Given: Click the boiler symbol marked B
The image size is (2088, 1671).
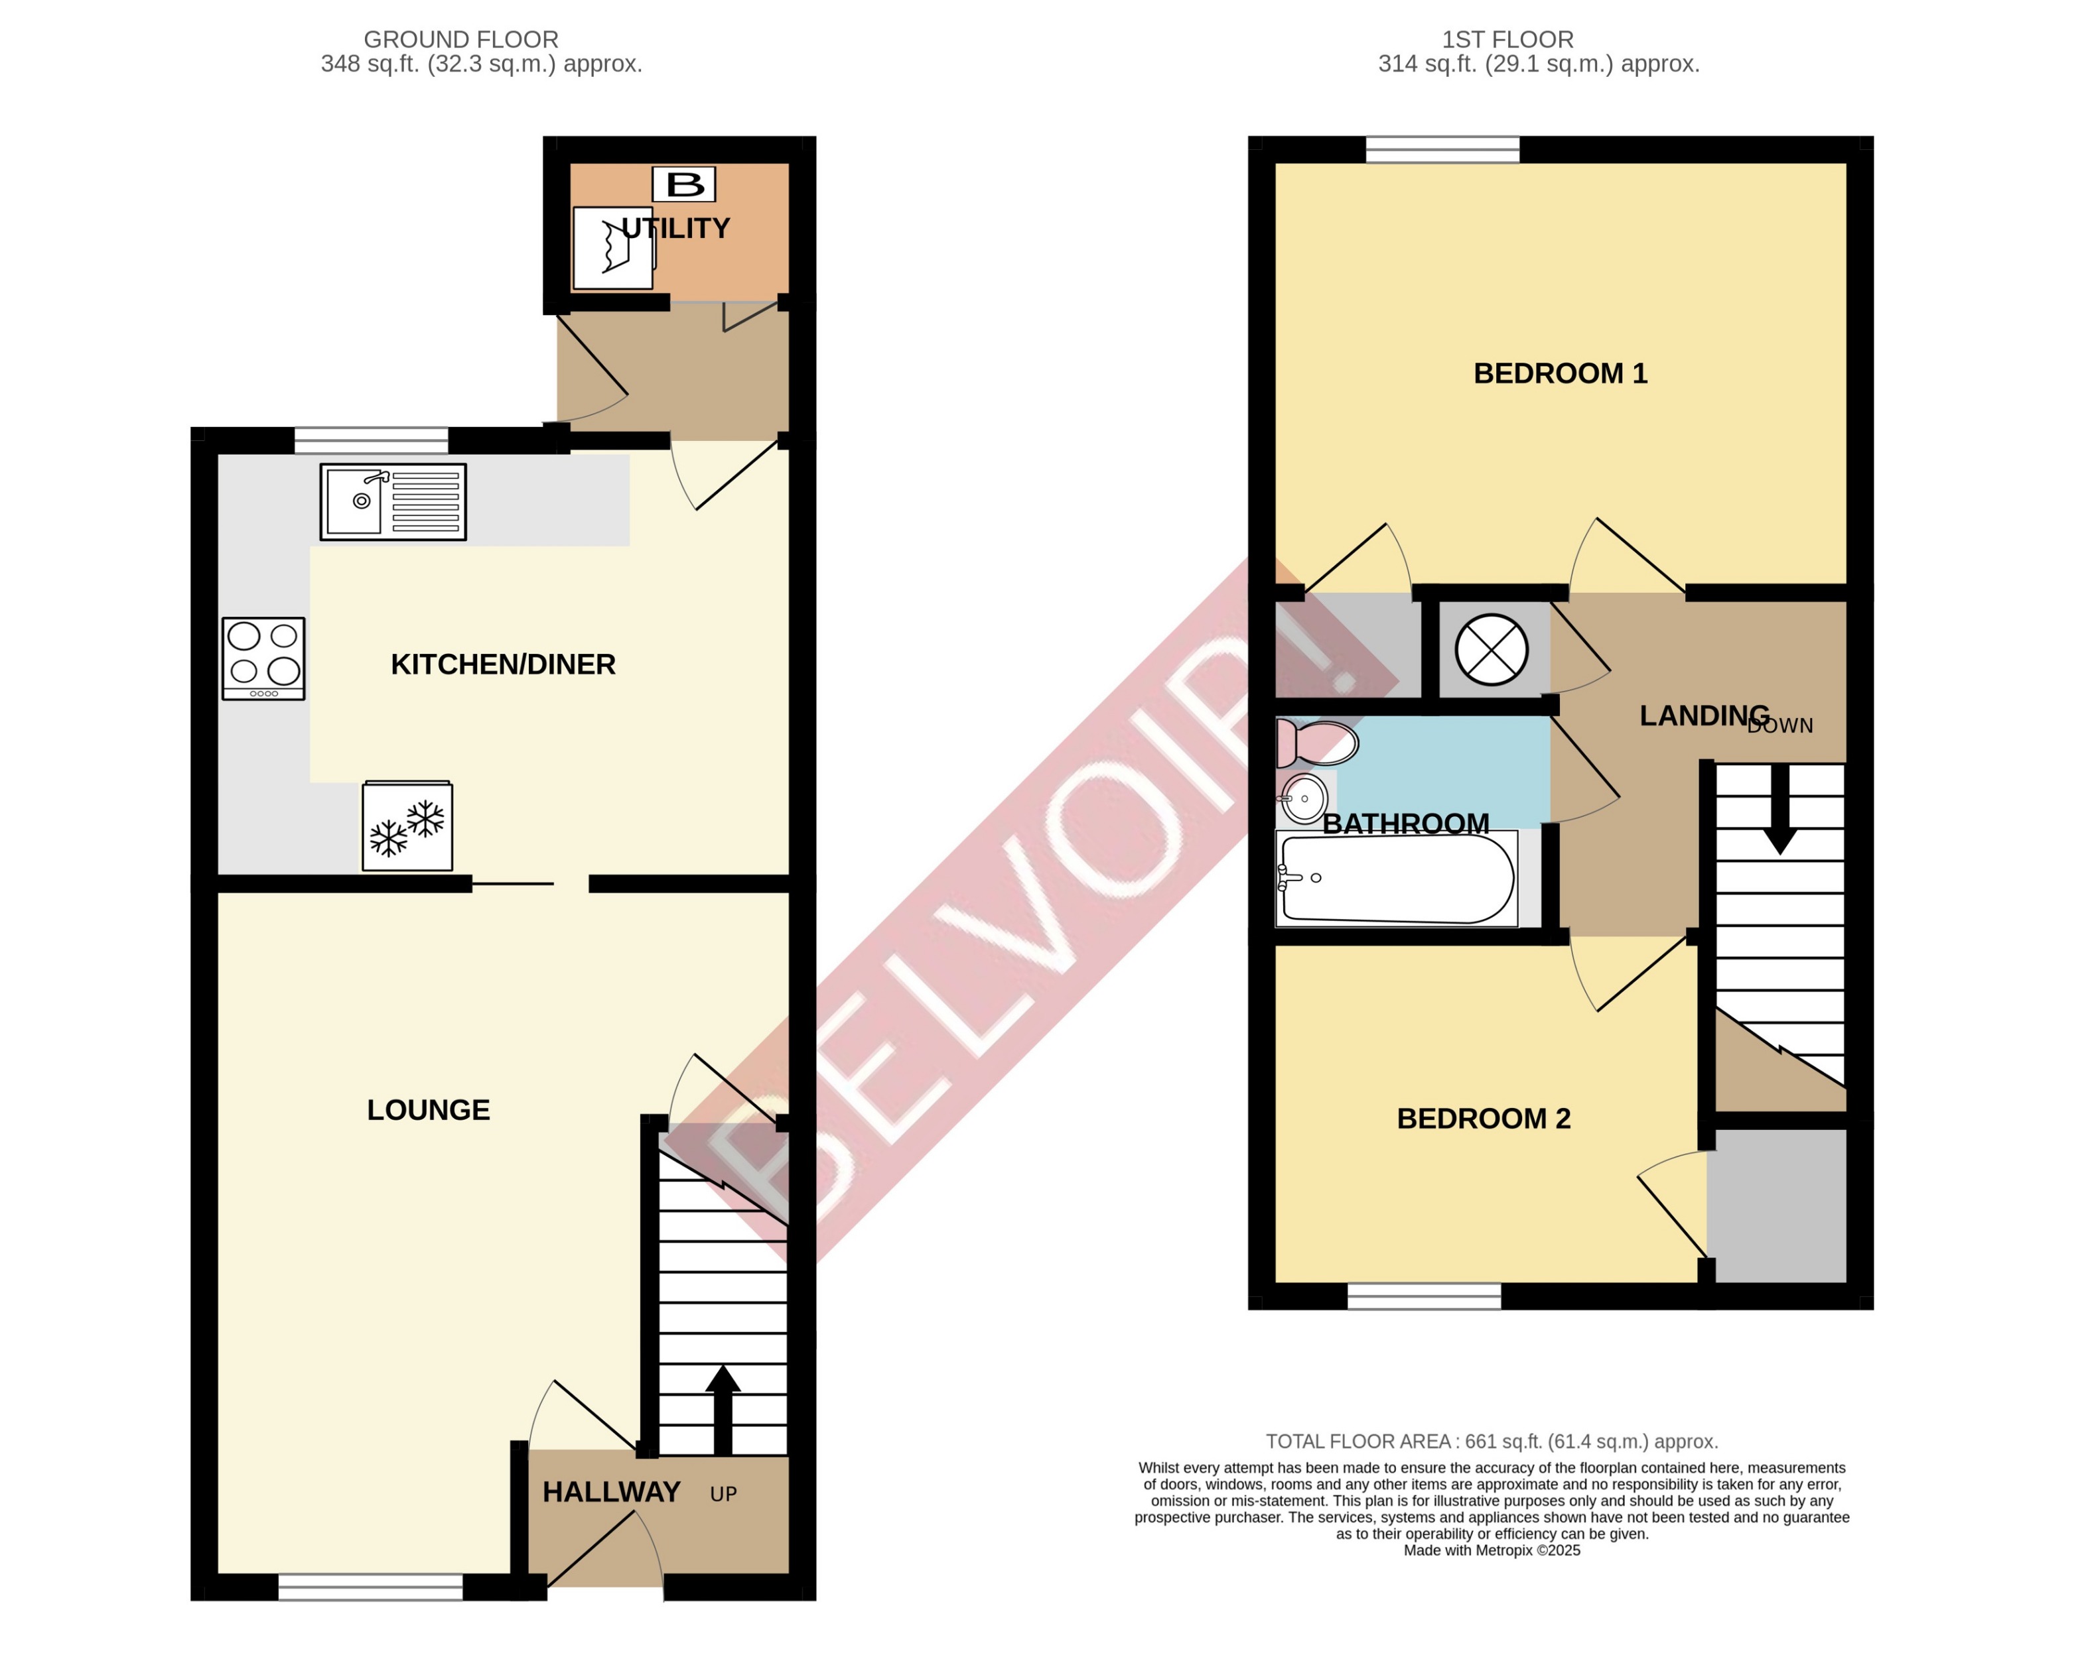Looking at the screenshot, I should click(x=684, y=184).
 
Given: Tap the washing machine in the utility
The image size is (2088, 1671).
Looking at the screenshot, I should click(x=613, y=249).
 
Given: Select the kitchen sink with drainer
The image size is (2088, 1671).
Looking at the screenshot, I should click(x=393, y=501).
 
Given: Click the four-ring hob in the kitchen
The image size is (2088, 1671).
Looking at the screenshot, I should click(x=263, y=658).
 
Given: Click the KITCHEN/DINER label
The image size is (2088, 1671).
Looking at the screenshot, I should click(x=503, y=664).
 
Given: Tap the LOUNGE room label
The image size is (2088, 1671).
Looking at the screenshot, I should click(x=428, y=1109).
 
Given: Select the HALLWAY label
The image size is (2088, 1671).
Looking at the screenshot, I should click(x=611, y=1492).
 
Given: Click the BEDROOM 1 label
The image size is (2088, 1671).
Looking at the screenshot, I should click(x=1560, y=374).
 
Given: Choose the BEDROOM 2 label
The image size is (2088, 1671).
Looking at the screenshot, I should click(x=1484, y=1119).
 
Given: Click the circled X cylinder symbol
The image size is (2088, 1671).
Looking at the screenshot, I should click(x=1492, y=650).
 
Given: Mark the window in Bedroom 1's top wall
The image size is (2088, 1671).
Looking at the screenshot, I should click(x=1442, y=150).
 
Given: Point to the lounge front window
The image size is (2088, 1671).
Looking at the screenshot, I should click(x=370, y=1587).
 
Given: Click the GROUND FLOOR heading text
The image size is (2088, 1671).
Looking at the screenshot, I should click(x=461, y=40).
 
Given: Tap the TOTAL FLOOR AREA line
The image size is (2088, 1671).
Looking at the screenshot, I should click(x=1492, y=1442).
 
